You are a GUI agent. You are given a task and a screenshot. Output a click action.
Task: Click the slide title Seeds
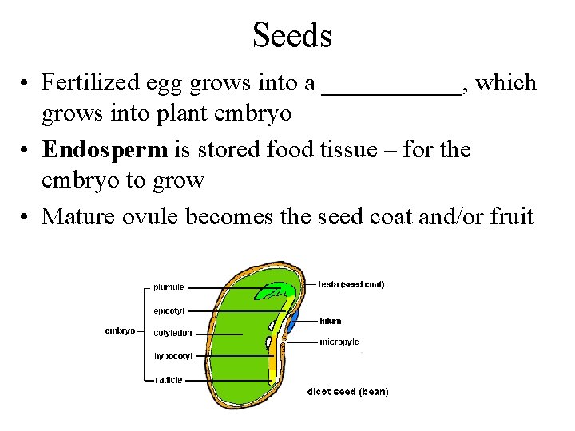(291, 35)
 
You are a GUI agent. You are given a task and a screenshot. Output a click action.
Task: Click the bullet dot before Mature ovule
(26, 216)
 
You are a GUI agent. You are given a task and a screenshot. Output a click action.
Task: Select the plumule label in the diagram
(169, 287)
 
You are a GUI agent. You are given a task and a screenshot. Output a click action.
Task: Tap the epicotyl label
(169, 310)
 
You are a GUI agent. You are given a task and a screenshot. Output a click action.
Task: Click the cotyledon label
(172, 333)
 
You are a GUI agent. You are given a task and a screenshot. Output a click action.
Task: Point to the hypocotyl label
(173, 356)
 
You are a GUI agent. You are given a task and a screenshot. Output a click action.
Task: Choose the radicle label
(169, 380)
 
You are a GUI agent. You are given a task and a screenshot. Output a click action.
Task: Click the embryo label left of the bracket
(120, 330)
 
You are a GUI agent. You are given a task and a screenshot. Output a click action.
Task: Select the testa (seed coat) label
(351, 284)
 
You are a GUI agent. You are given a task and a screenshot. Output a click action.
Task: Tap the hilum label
(330, 321)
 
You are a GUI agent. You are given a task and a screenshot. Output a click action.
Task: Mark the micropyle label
(339, 342)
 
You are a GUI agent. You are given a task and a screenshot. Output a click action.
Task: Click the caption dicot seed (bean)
(348, 392)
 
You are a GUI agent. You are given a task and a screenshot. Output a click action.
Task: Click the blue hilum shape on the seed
(293, 322)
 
